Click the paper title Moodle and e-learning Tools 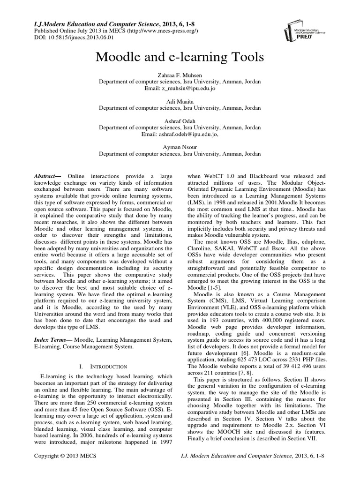coord(180,58)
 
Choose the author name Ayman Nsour coord(180,146)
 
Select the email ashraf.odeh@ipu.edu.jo coord(180,134)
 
